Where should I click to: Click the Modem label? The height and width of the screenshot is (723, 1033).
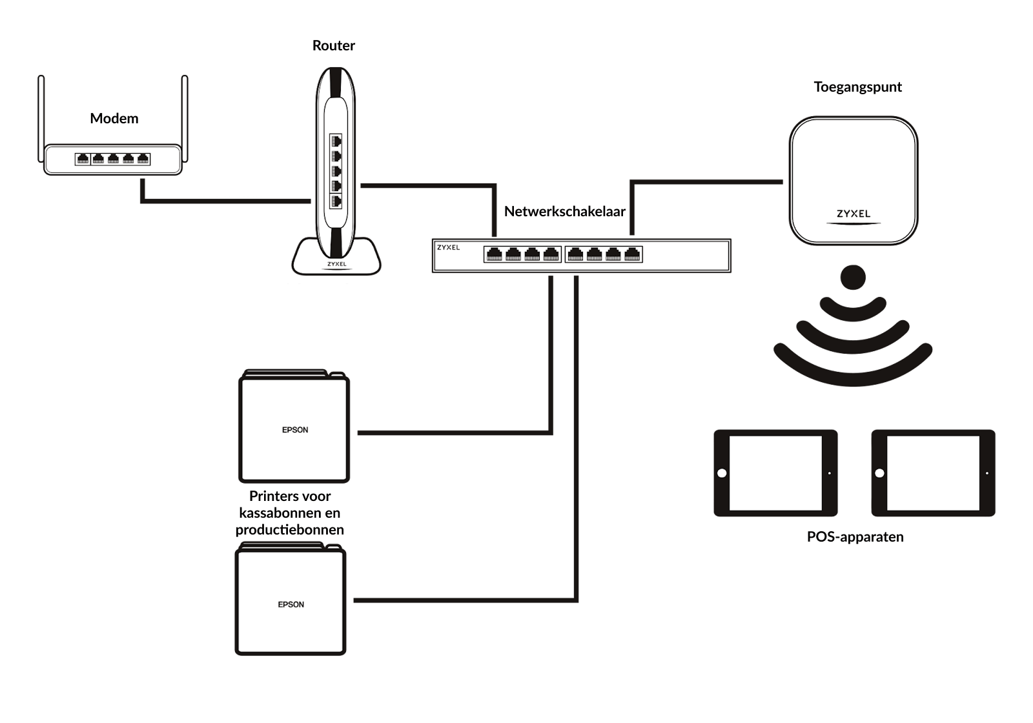[114, 119]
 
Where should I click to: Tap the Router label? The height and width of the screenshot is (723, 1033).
[333, 46]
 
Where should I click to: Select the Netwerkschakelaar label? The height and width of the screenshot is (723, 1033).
[564, 211]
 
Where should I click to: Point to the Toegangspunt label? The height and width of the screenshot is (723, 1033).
[857, 87]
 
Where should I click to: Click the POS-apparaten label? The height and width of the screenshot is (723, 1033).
[855, 536]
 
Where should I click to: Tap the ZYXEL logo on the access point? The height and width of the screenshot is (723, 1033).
[854, 214]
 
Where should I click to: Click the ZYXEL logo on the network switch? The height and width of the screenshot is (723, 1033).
[448, 248]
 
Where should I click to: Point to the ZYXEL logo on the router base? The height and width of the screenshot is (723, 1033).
[336, 264]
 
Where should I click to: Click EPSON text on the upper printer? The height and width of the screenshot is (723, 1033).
[295, 430]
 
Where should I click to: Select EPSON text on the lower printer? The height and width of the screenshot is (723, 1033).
[291, 604]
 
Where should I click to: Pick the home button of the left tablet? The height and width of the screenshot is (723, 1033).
[722, 473]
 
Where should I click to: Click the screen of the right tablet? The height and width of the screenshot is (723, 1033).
[933, 473]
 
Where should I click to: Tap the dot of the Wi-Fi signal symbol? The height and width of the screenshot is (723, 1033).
[853, 277]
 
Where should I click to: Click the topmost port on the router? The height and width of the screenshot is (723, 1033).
[336, 141]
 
